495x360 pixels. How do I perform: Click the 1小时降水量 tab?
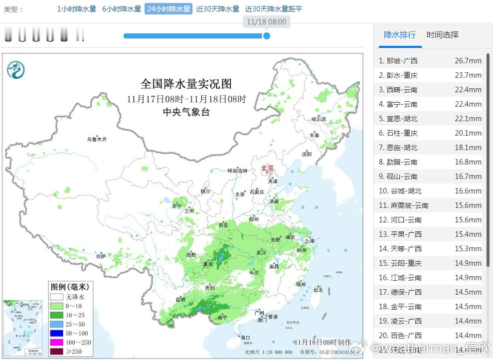coord(77,9)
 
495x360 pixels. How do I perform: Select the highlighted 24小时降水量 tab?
coord(168,9)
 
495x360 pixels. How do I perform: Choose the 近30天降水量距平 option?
coord(274,9)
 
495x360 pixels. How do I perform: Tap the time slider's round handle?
coord(267,36)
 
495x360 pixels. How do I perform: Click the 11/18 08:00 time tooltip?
coord(267,22)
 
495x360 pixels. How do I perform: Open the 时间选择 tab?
coord(442,35)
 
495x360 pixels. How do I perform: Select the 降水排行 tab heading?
coord(399,35)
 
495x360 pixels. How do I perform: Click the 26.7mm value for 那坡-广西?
coord(468,61)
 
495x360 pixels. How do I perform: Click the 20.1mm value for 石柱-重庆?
coord(468,133)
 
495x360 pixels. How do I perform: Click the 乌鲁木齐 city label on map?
coord(97,140)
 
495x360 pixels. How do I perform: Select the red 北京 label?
coord(268,169)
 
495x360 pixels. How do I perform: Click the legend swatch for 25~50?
coord(56,324)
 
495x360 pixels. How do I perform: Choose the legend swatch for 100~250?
coord(56,342)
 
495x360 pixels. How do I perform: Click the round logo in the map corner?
coord(16,70)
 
